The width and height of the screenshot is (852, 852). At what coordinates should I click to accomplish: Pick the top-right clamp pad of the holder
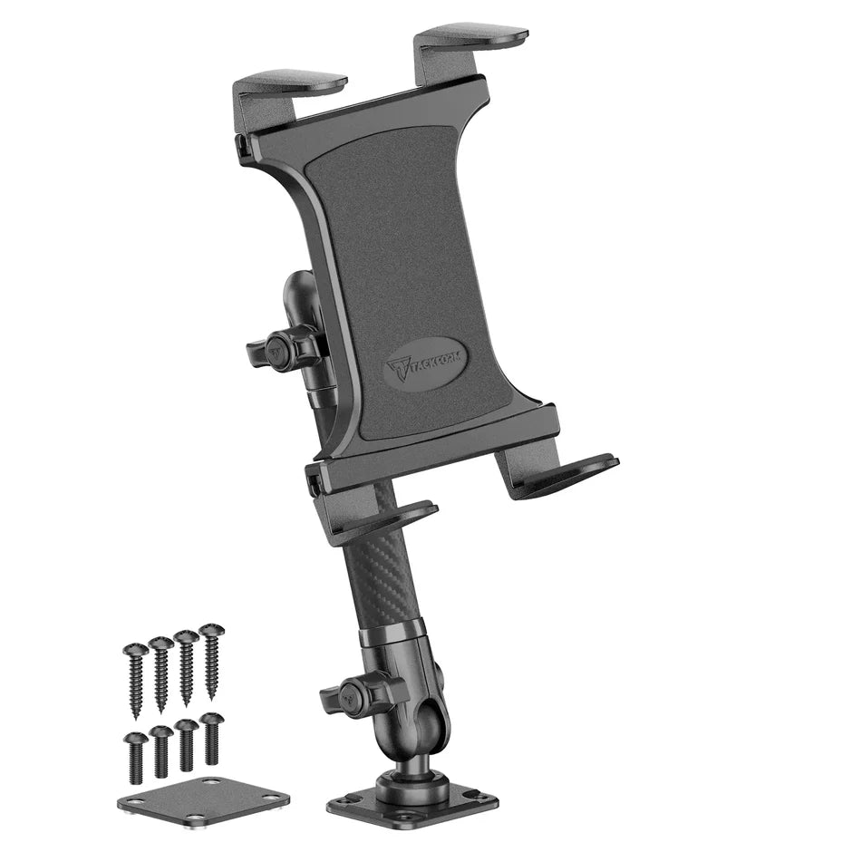click(x=471, y=42)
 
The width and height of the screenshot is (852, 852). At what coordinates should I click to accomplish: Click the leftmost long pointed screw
click(x=136, y=681)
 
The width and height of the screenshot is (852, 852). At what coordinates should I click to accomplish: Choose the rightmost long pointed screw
click(x=211, y=661)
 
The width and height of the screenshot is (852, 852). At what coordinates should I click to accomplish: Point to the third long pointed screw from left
click(x=187, y=667)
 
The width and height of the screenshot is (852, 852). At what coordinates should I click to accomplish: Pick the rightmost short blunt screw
click(x=211, y=736)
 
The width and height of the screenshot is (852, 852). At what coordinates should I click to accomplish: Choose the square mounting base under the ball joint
click(x=412, y=801)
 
